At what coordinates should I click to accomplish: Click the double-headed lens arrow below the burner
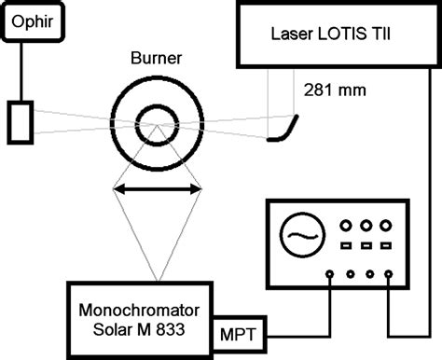pos(157,189)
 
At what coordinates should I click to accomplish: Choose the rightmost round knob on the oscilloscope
pos(386,225)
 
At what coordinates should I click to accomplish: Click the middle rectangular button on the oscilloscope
pos(365,246)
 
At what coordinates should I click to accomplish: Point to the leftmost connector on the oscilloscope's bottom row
pos(330,274)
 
